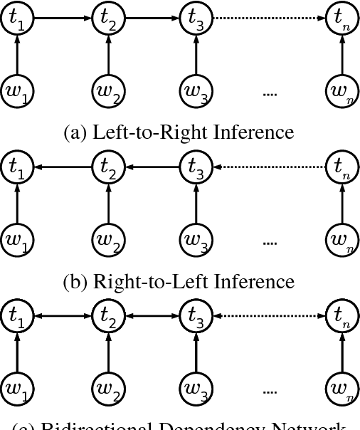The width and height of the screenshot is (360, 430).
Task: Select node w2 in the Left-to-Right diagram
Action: click(108, 91)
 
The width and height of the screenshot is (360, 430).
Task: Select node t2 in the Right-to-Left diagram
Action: click(108, 168)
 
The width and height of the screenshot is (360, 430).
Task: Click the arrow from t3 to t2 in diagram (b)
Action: click(152, 168)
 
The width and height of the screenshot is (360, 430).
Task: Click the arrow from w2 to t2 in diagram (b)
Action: click(108, 204)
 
